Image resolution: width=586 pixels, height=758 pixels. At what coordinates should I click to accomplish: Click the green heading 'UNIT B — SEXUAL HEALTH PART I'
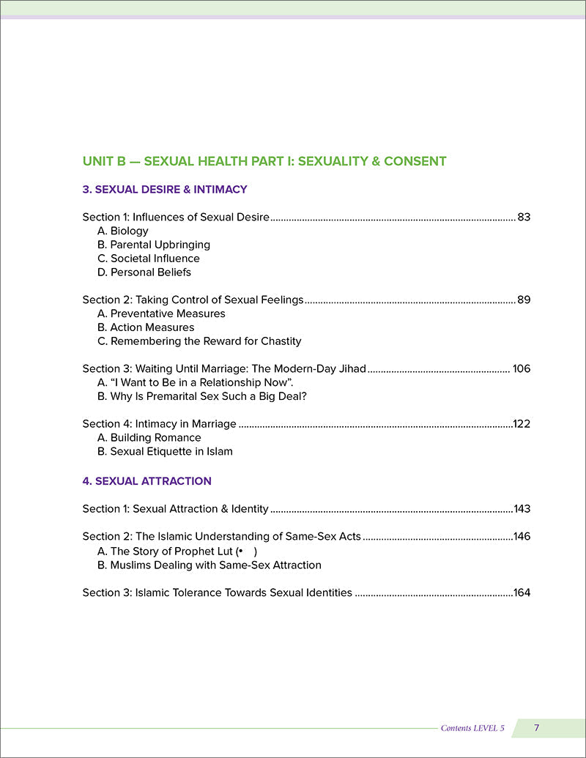[264, 161]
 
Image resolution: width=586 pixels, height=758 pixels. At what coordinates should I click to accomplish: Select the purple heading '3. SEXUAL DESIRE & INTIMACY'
[165, 190]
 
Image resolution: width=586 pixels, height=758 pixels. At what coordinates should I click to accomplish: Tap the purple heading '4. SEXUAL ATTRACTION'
[147, 481]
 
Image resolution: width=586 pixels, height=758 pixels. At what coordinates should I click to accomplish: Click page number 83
[524, 217]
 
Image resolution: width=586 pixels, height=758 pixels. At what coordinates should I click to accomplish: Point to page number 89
[524, 300]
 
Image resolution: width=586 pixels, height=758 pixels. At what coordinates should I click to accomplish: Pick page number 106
[522, 368]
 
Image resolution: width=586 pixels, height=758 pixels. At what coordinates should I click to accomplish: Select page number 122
[522, 423]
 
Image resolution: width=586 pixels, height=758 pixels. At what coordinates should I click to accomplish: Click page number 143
[522, 508]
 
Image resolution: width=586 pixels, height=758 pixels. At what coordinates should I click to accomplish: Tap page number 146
[522, 536]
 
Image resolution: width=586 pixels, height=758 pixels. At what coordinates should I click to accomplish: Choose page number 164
[522, 592]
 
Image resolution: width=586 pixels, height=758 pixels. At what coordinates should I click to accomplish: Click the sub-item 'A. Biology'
[122, 231]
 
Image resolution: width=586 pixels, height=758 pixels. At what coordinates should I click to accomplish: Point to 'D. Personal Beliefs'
[144, 272]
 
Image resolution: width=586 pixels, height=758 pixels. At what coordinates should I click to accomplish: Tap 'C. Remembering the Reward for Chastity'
[199, 341]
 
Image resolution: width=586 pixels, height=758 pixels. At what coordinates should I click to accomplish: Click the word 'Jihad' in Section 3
[351, 368]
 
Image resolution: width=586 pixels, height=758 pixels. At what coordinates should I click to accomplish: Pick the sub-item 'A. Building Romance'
[149, 437]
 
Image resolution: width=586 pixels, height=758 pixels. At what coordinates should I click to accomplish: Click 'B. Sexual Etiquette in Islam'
[165, 451]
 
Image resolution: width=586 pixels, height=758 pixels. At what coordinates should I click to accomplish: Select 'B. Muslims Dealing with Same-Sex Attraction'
[209, 565]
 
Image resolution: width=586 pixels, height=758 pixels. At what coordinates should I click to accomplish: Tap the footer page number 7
[537, 727]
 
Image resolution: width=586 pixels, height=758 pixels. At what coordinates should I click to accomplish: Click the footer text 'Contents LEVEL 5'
[472, 728]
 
